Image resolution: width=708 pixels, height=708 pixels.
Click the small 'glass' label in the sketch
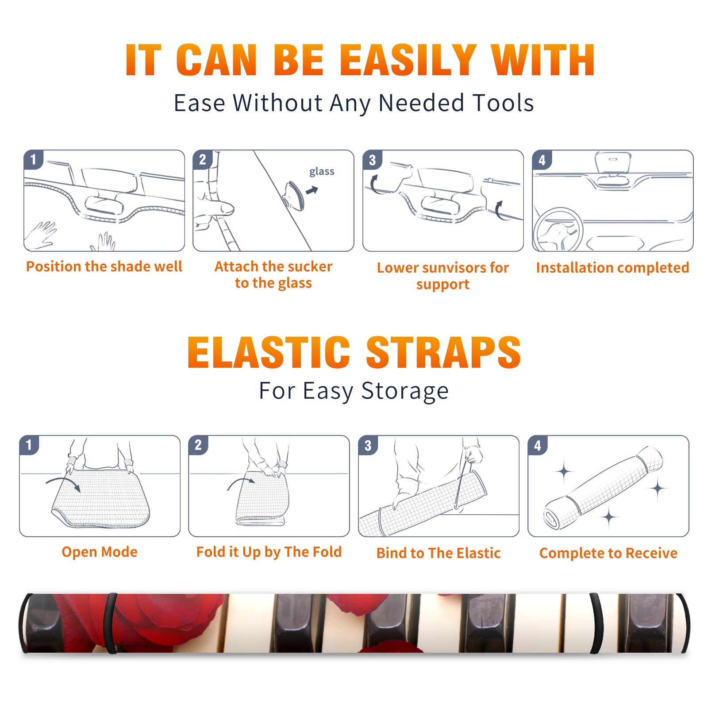click(322, 172)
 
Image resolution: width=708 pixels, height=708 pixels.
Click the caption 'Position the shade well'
click(104, 266)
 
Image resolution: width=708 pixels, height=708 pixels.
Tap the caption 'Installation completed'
click(612, 268)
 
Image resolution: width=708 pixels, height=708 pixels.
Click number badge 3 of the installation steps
click(372, 160)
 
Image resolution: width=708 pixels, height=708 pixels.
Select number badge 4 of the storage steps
click(538, 445)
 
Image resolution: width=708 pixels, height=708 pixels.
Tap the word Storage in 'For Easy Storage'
click(405, 391)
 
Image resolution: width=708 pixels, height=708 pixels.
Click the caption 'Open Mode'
click(100, 552)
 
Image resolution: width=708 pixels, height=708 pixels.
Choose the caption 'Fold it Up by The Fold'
click(269, 552)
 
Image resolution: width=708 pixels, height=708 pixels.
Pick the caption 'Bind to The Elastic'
click(439, 553)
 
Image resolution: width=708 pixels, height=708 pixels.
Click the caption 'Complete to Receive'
click(608, 553)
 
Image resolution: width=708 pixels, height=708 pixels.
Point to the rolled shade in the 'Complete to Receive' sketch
click(603, 487)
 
